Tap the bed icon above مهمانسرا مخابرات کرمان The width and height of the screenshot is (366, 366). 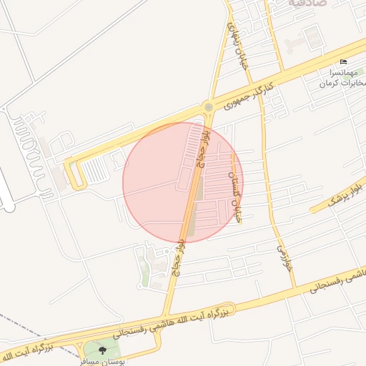point(343,62)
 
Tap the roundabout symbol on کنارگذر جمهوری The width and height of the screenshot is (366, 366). point(208,107)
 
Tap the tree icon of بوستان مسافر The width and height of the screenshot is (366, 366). point(102,350)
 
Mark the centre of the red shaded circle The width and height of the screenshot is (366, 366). point(183,182)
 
